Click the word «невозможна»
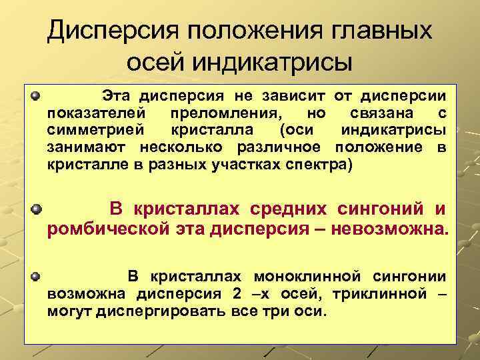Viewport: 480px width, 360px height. tap(401, 231)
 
